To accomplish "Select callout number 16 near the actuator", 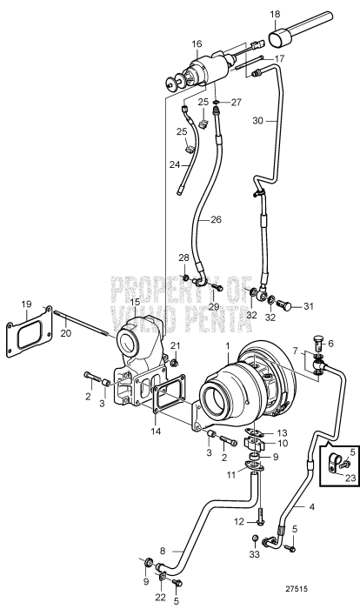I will click(197, 43).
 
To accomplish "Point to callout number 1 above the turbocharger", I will click(228, 347).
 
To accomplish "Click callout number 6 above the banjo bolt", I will click(330, 344).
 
